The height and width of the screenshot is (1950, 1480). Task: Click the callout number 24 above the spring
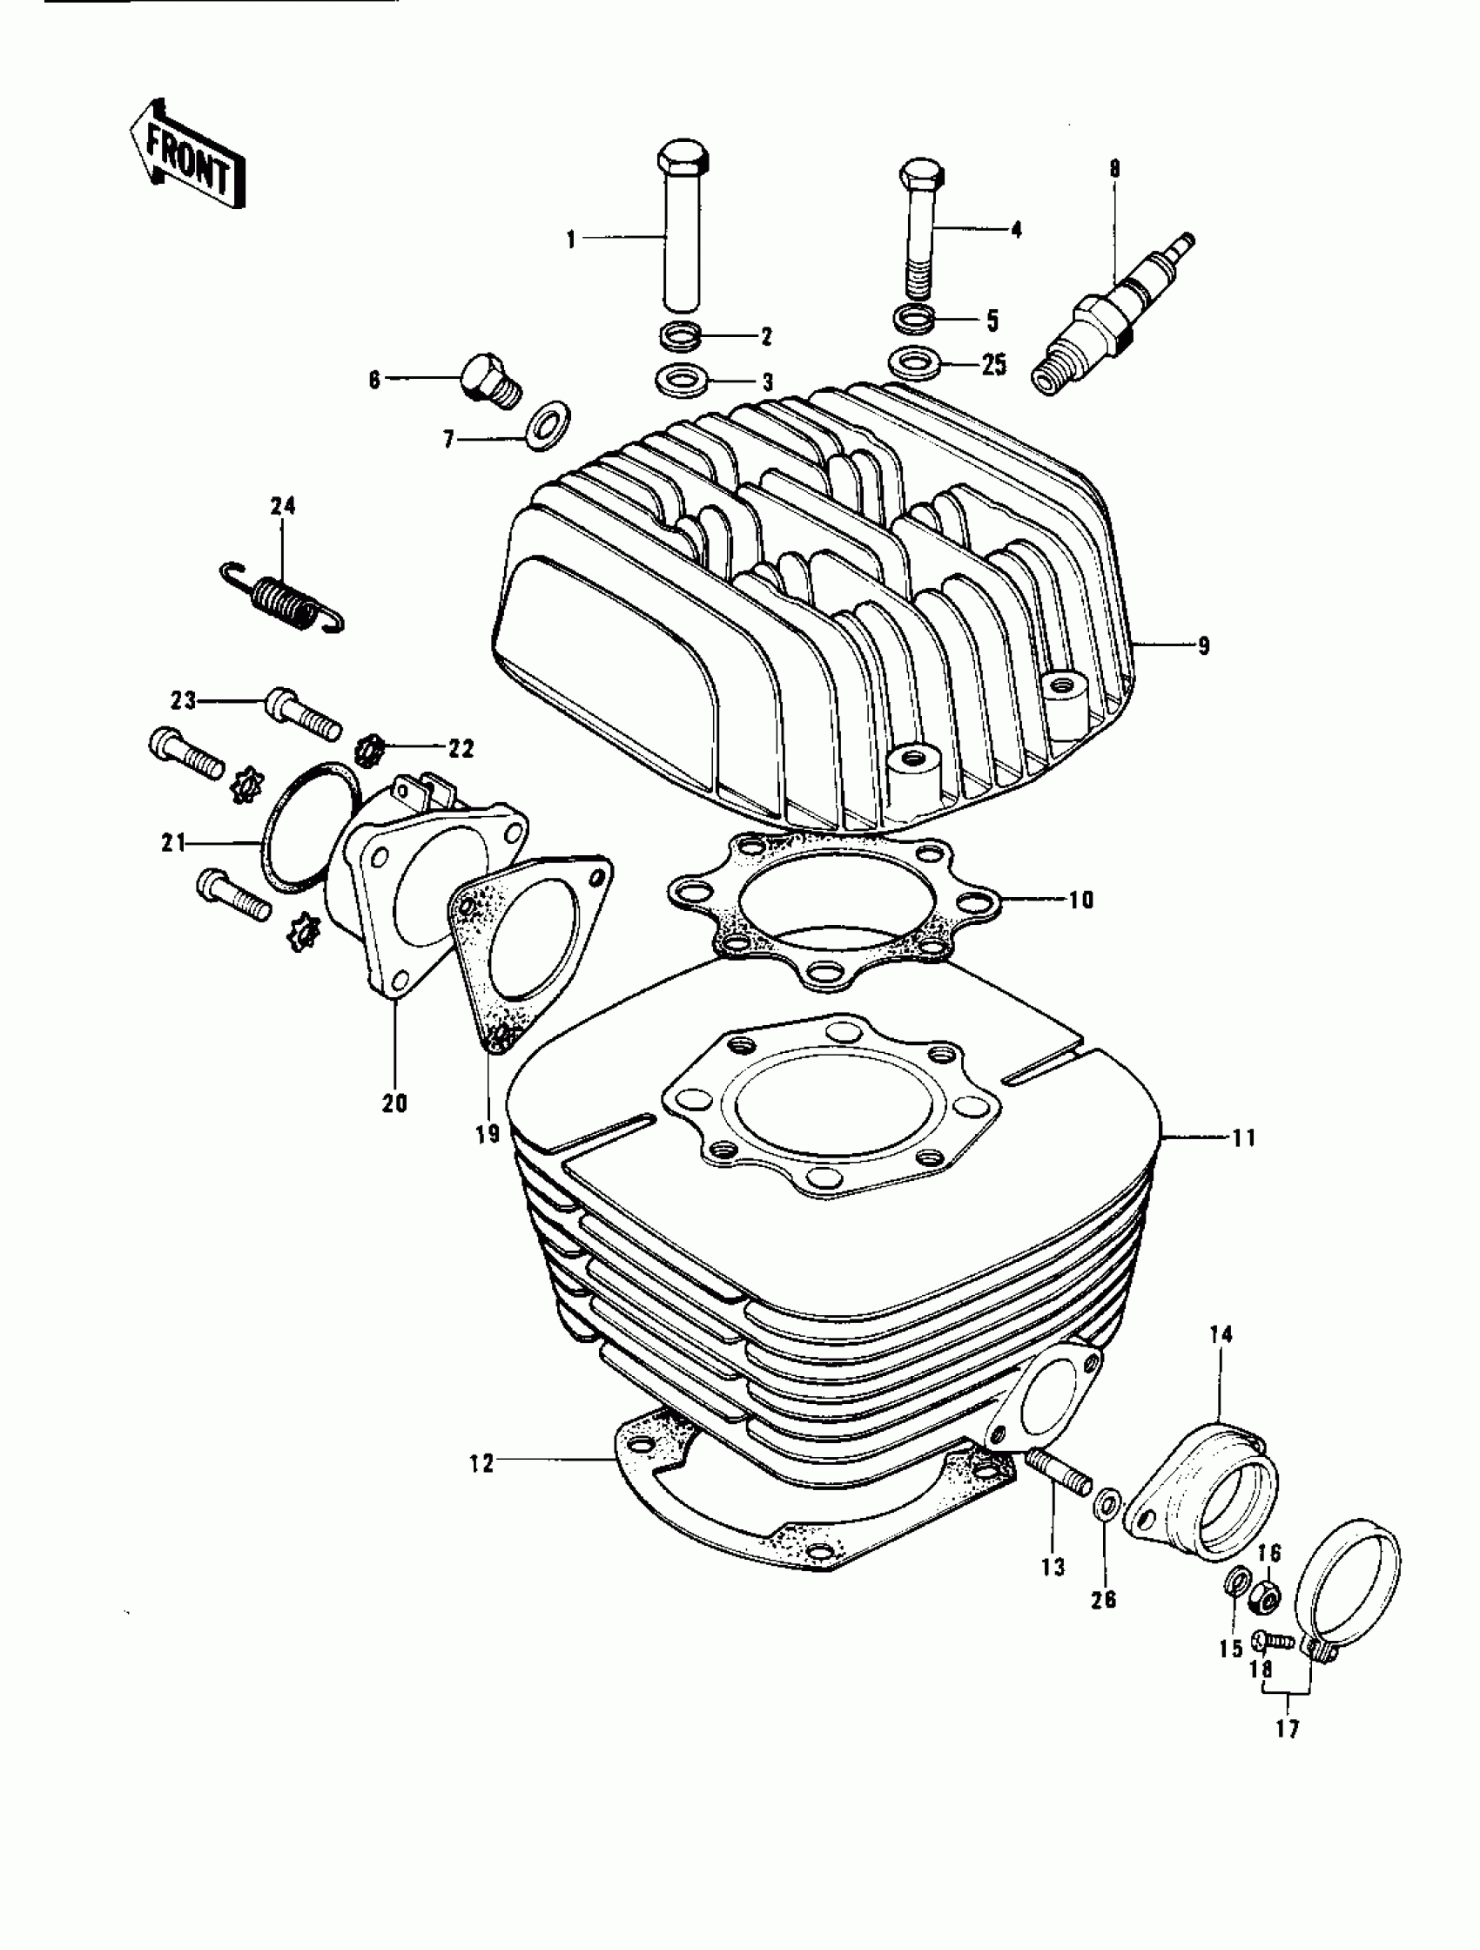(x=283, y=506)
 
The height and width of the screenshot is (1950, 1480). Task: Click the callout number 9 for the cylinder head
(x=1203, y=646)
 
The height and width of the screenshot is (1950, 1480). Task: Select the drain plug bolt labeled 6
(x=490, y=379)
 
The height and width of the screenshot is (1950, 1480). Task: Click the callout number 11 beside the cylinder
(x=1243, y=1138)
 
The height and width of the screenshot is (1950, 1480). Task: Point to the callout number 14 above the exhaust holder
(x=1221, y=1334)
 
